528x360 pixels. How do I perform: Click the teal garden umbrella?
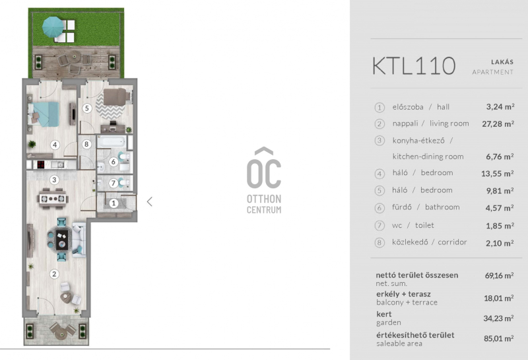53,27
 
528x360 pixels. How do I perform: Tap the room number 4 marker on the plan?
55,145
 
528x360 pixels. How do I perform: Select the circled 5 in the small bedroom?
87,108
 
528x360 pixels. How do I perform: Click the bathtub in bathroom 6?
112,141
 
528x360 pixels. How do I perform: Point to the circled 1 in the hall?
114,203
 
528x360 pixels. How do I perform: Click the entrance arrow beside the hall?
150,201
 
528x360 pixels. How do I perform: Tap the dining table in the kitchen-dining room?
53,198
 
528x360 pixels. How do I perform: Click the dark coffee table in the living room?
61,240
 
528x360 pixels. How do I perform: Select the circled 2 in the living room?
54,274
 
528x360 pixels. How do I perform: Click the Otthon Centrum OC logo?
264,180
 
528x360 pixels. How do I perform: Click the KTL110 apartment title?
414,66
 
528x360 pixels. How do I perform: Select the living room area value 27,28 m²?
498,124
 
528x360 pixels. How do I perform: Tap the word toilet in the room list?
424,225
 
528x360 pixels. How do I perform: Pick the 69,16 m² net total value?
499,275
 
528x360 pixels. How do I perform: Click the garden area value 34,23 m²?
498,318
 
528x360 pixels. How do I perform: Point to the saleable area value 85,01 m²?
499,338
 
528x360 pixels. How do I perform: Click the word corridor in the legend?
452,242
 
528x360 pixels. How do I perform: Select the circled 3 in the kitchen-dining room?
54,180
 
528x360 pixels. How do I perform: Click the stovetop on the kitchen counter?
41,164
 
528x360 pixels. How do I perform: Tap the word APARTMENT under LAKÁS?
492,72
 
